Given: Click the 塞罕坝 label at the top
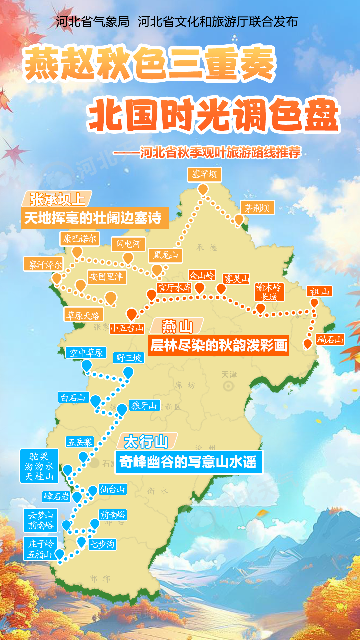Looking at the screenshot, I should [x=204, y=175].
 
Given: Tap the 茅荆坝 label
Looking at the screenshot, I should [x=257, y=208].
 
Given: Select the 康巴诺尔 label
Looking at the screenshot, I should [x=80, y=239].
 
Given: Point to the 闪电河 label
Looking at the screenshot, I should [x=128, y=244].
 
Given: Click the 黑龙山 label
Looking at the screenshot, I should [x=165, y=256].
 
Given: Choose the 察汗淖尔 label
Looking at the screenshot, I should [x=44, y=264].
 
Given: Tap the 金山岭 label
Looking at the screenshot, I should [x=202, y=275].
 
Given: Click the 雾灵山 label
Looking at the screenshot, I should [x=236, y=279].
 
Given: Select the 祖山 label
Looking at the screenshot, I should [x=319, y=292].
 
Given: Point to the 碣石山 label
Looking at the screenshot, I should [x=330, y=339].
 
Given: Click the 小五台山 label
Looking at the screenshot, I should [x=127, y=328].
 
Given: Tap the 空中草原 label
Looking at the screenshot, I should [x=86, y=352].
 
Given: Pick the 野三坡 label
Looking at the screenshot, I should [x=129, y=358].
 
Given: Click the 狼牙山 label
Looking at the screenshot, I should [x=144, y=405].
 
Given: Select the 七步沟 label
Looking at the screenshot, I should [x=102, y=544].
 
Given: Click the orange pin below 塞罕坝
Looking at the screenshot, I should [x=203, y=189].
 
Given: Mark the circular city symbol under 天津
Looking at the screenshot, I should [x=228, y=386].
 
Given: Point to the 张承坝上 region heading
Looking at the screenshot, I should [x=57, y=199].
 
